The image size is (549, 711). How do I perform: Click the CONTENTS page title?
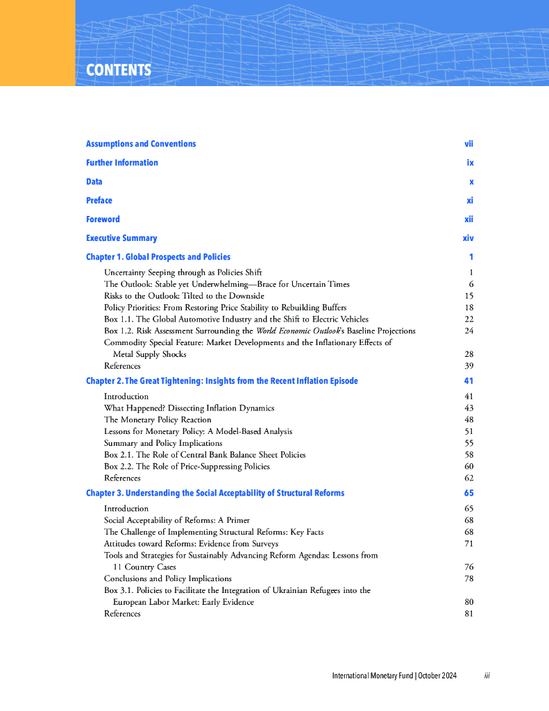tap(119, 70)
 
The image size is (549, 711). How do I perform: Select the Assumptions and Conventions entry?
tap(141, 144)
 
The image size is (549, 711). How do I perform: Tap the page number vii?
tap(468, 144)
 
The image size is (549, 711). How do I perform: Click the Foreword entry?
tap(103, 219)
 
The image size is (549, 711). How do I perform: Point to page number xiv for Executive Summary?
tap(468, 238)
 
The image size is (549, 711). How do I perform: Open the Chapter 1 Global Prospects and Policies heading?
tap(158, 257)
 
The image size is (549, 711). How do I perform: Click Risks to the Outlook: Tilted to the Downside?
tap(184, 296)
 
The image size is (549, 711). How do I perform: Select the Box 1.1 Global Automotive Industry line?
tap(236, 319)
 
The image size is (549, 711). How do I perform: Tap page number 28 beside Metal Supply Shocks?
tap(468, 354)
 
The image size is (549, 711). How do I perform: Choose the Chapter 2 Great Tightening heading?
tap(222, 380)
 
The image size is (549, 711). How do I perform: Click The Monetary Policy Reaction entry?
tap(158, 419)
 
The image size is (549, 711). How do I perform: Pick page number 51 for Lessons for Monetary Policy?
tap(468, 431)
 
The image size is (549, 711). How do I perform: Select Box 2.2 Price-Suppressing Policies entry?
tap(195, 466)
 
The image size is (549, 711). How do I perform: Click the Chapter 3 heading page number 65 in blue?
tap(468, 493)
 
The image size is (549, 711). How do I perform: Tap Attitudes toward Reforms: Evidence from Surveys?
tap(191, 544)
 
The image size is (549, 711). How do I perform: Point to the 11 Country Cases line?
tap(144, 567)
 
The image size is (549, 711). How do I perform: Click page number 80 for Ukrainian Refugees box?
tap(468, 602)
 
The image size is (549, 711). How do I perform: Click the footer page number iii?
tap(487, 676)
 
